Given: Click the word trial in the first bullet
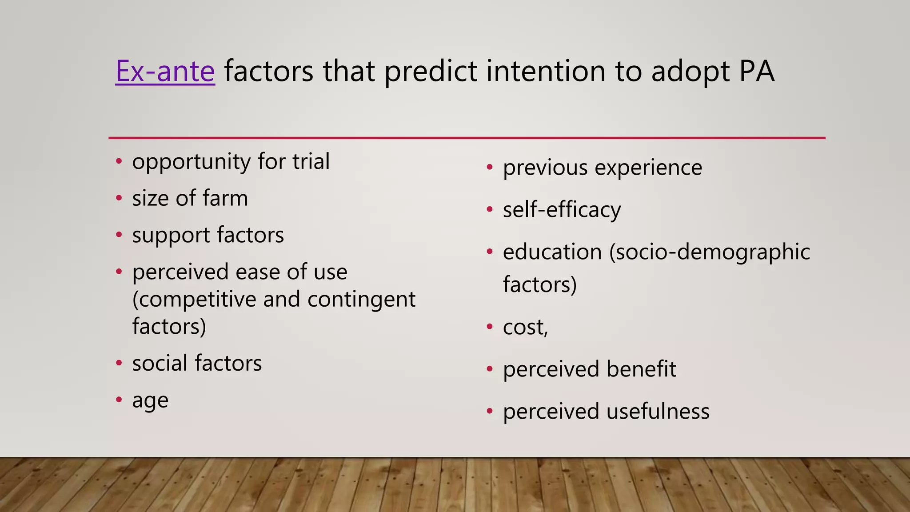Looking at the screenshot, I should (311, 161).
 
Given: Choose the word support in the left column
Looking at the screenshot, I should (171, 236).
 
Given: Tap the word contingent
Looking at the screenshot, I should (361, 300).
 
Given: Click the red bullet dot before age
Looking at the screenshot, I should (119, 400).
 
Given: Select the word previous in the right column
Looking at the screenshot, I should (545, 168).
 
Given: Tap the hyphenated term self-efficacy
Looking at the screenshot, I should (562, 210).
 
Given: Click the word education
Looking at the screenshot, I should (552, 252).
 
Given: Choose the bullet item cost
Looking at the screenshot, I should (525, 328).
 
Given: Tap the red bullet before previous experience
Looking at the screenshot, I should (490, 168).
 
